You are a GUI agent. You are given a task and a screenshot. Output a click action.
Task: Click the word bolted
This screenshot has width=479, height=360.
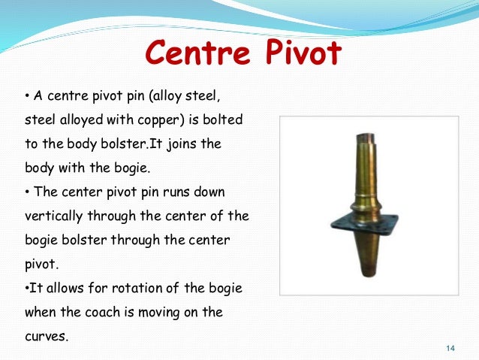pyautogui.click(x=231, y=120)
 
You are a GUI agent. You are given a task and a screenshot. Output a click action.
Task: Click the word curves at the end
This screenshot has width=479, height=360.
pyautogui.click(x=44, y=336)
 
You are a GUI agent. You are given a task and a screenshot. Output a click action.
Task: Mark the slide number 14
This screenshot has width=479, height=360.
pyautogui.click(x=450, y=347)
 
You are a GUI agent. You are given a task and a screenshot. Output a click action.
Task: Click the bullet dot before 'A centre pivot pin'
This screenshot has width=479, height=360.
pyautogui.click(x=27, y=96)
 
